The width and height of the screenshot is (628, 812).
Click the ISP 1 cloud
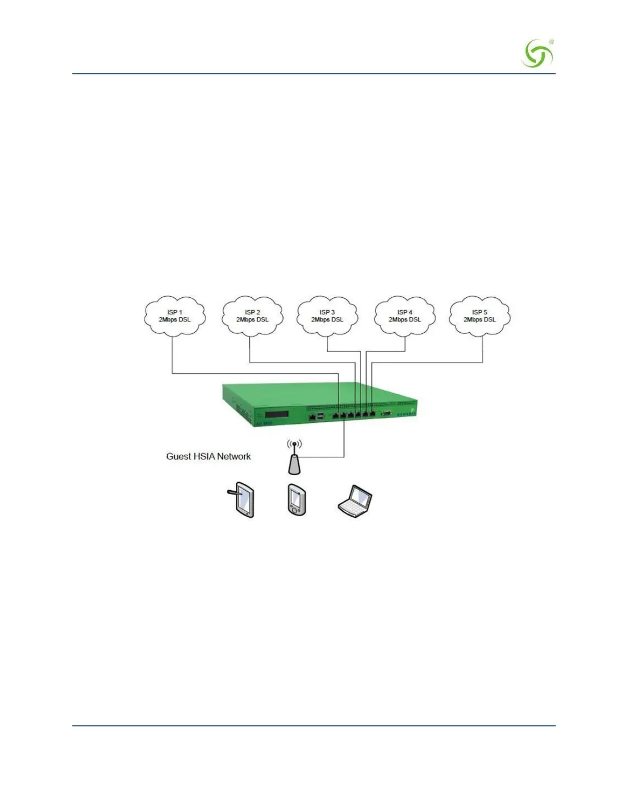[x=174, y=316]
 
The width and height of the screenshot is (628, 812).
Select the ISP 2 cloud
[x=252, y=316]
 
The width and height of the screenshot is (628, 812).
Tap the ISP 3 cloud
[x=327, y=316]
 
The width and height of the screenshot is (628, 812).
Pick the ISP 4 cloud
[x=405, y=316]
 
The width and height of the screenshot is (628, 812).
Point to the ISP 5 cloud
[x=480, y=316]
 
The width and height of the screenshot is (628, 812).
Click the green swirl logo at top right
[x=538, y=54]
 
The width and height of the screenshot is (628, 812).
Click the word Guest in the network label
[x=178, y=456]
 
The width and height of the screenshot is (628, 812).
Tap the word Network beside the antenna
[x=234, y=456]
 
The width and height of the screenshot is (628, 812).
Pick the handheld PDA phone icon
[x=297, y=499]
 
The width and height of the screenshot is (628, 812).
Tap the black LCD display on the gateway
[x=277, y=414]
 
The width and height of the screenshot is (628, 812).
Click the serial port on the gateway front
[x=387, y=412]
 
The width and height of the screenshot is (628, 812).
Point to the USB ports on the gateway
[x=321, y=415]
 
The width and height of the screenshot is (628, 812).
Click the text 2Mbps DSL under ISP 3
[x=327, y=320]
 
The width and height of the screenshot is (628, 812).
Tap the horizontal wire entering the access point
[x=323, y=457]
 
